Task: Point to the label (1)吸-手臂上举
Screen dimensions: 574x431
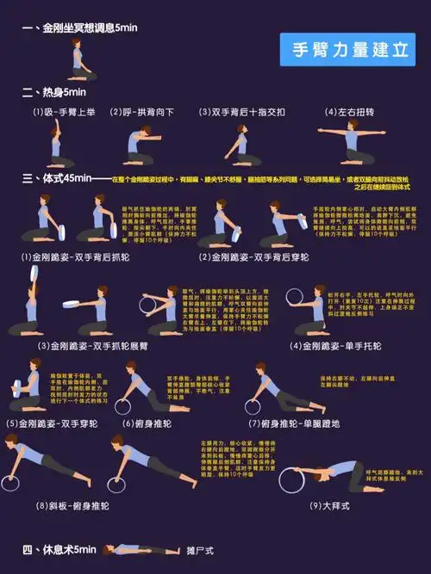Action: (x=65, y=112)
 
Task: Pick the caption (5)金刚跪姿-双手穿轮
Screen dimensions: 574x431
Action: (x=53, y=423)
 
